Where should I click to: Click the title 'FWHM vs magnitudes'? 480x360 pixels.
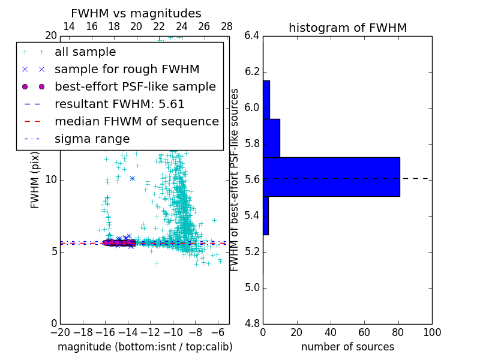[136, 13]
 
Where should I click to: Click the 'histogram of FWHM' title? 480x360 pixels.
[347, 28]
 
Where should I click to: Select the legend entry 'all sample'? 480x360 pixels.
[85, 52]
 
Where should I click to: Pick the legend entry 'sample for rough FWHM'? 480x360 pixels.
[127, 69]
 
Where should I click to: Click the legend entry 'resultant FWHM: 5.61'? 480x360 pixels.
[119, 104]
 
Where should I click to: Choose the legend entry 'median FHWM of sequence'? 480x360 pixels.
[136, 121]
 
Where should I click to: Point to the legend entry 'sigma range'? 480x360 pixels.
[92, 139]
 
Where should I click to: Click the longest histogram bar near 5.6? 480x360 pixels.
[331, 176]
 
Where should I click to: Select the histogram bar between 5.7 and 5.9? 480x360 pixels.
[271, 138]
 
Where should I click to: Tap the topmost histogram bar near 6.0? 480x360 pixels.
[266, 100]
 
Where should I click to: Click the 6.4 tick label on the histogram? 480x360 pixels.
[252, 36]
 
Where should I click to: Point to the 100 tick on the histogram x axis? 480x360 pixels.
[432, 332]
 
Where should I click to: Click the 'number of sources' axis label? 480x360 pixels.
[347, 347]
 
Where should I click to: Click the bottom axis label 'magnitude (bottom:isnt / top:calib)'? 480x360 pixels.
[145, 347]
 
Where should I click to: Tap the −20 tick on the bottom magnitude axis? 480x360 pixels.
[60, 332]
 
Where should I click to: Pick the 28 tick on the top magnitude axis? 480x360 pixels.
[227, 26]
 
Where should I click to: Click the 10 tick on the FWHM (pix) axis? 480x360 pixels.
[50, 180]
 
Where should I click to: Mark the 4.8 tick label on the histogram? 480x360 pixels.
[252, 323]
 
